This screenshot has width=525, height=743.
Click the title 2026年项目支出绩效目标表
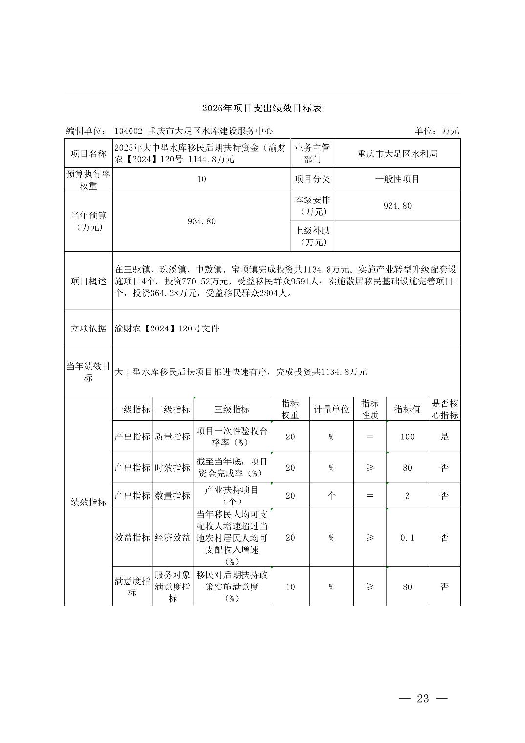[x=262, y=109]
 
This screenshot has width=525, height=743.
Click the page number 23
[x=423, y=699]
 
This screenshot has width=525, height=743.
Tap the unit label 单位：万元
[x=437, y=131]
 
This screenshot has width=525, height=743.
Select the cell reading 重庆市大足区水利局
[x=397, y=154]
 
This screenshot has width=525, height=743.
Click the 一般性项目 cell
[x=397, y=179]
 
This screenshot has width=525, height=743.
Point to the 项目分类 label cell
[x=312, y=179]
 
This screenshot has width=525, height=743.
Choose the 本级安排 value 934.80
[x=397, y=206]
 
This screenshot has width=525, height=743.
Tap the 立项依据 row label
[x=88, y=328]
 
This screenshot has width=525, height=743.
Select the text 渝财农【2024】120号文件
[x=167, y=328]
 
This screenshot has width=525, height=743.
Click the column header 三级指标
[x=232, y=410]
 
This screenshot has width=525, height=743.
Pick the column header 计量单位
[x=331, y=410]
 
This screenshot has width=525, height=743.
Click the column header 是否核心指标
[x=444, y=410]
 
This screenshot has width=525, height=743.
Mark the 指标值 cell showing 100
[x=407, y=437]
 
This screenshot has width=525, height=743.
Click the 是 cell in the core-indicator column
[x=444, y=437]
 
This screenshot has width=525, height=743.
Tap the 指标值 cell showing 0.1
[x=407, y=538]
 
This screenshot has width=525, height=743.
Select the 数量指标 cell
[x=173, y=496]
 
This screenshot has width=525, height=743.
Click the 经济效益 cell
[x=173, y=538]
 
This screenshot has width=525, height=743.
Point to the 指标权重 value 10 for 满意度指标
[x=290, y=587]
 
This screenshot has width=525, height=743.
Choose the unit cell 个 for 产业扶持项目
[x=331, y=496]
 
